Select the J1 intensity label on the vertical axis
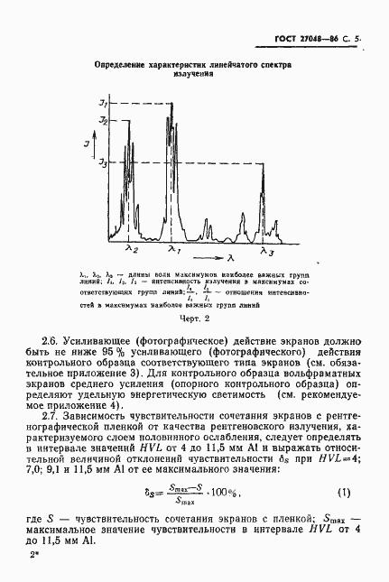(103, 106)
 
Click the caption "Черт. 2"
(194, 318)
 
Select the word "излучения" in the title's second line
(193, 76)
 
